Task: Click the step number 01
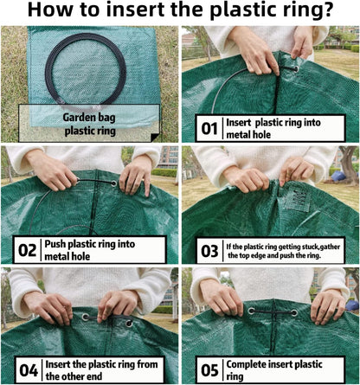pos(209,129)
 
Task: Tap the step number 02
pos(28,250)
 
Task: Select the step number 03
pos(209,250)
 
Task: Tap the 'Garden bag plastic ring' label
pos(90,124)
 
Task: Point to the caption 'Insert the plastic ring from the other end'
pos(107,370)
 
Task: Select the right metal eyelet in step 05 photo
pos(294,312)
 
